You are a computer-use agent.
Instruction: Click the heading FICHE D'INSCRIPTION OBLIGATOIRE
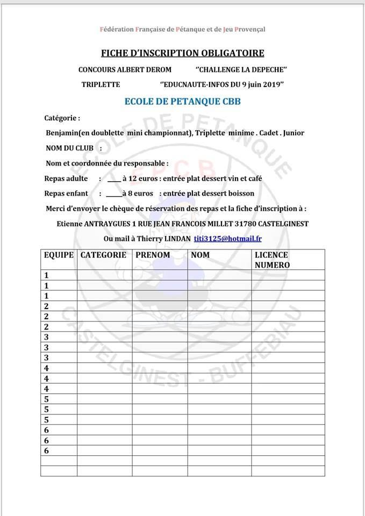(183, 53)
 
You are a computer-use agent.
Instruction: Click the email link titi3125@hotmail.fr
(228, 238)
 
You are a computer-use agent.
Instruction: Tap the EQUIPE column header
(58, 255)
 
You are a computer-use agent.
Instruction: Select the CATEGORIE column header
(103, 255)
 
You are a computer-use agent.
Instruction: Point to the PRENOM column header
(153, 255)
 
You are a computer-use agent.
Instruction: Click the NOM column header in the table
(201, 255)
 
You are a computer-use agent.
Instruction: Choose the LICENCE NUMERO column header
(271, 260)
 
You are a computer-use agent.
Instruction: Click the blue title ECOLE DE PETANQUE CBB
(182, 101)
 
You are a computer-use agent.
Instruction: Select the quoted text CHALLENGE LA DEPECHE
(241, 70)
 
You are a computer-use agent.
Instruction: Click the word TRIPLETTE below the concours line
(101, 84)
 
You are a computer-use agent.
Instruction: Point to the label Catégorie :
(62, 118)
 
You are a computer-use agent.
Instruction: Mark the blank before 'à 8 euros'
(113, 193)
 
